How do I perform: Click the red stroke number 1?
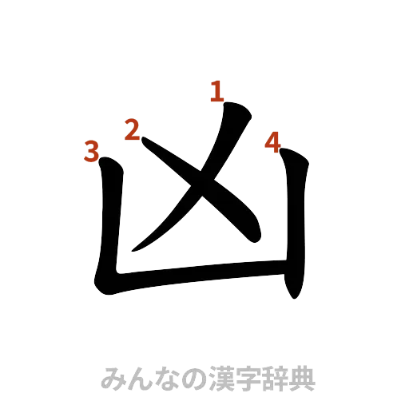pyautogui.click(x=214, y=92)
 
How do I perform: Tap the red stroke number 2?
pyautogui.click(x=132, y=128)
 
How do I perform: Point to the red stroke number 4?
pyautogui.click(x=272, y=142)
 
